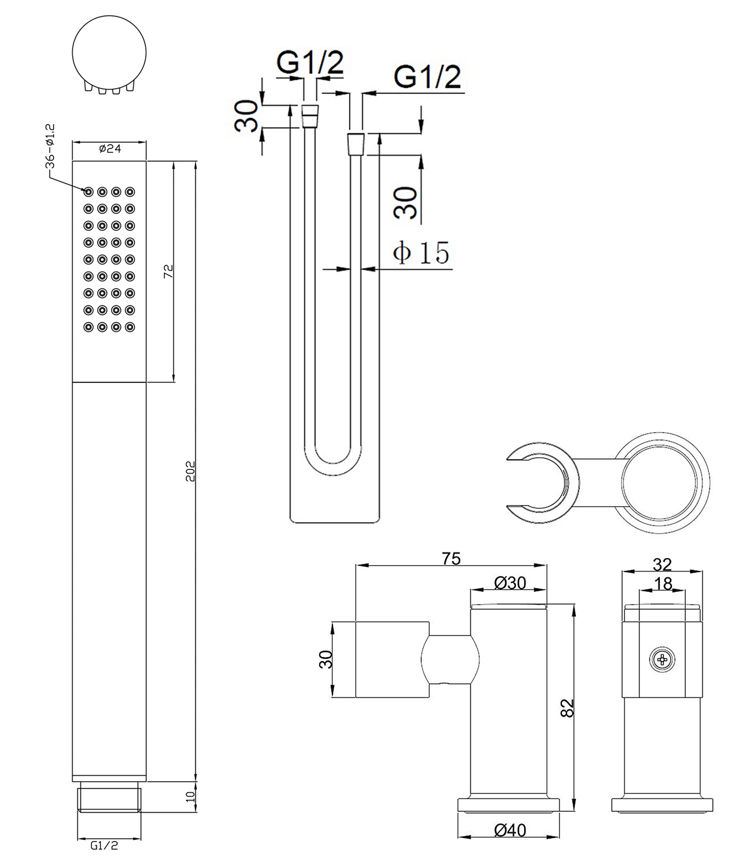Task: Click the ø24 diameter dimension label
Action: (110, 149)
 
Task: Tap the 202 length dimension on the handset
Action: (191, 471)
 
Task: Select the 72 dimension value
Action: (168, 271)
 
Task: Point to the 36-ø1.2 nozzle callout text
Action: (51, 146)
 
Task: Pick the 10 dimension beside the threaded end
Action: (191, 797)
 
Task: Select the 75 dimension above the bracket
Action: (451, 559)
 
